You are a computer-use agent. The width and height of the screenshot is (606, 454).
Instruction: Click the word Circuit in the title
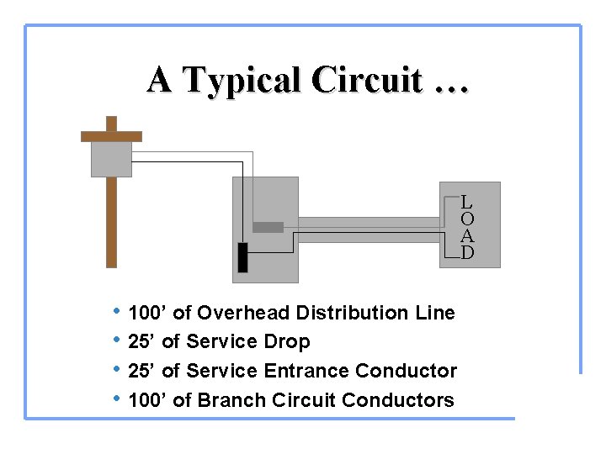click(365, 81)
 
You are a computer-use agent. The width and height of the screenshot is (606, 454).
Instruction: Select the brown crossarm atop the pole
click(111, 136)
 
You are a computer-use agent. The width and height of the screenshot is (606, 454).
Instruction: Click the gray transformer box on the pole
click(111, 158)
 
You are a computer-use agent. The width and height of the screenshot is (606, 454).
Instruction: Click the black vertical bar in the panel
click(242, 258)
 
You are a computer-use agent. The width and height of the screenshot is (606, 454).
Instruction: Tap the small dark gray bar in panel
click(268, 227)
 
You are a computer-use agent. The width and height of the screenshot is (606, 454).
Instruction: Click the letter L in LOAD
click(467, 202)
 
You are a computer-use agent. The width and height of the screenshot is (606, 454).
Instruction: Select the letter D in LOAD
click(467, 252)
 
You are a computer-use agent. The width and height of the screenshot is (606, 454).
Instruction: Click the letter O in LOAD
click(467, 219)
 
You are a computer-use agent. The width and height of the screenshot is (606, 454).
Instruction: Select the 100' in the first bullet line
click(147, 314)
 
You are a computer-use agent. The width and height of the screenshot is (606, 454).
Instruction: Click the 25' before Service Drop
click(141, 342)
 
